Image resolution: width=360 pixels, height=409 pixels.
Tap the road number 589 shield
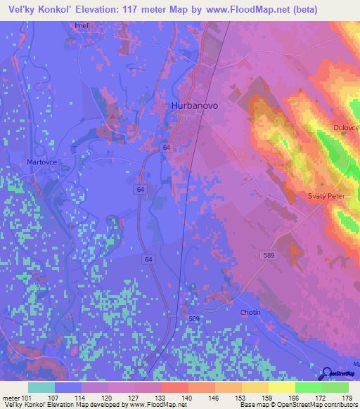click(x=266, y=254)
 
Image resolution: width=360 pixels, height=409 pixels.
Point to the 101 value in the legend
click(x=27, y=397)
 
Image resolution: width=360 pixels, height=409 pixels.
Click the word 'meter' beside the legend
click(x=11, y=397)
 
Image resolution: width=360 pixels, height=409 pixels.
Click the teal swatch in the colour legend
click(x=41, y=387)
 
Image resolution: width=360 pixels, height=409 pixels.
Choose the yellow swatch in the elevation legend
click(x=281, y=387)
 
